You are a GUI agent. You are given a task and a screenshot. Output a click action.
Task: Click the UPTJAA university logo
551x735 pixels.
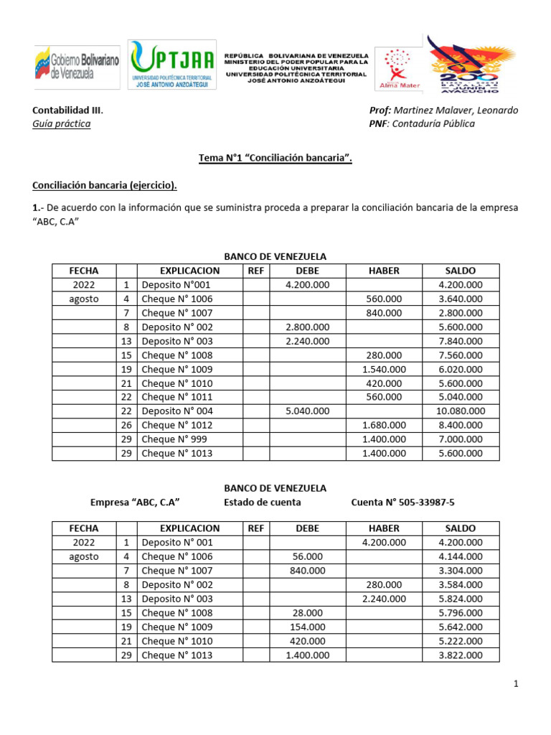pyautogui.click(x=171, y=65)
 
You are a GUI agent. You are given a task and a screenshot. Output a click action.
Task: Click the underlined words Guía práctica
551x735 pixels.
pyautogui.click(x=62, y=123)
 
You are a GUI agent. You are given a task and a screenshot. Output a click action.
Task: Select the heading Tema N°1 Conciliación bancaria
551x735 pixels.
pyautogui.click(x=275, y=159)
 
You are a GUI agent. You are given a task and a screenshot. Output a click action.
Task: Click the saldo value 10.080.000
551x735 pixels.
pyautogui.click(x=460, y=411)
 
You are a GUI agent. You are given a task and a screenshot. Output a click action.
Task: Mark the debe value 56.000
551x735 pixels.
pyautogui.click(x=308, y=556)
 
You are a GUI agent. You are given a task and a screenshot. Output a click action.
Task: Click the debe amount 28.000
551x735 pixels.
pyautogui.click(x=308, y=613)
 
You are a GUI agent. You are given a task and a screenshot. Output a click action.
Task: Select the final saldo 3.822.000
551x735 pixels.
pyautogui.click(x=460, y=655)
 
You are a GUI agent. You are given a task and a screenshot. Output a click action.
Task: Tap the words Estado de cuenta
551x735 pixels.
pyautogui.click(x=263, y=502)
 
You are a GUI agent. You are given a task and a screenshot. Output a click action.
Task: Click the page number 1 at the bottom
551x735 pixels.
pyautogui.click(x=516, y=685)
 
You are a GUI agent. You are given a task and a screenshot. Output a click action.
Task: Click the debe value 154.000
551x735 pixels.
pyautogui.click(x=308, y=627)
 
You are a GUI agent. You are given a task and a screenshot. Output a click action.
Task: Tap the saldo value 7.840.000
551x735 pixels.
pyautogui.click(x=460, y=341)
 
